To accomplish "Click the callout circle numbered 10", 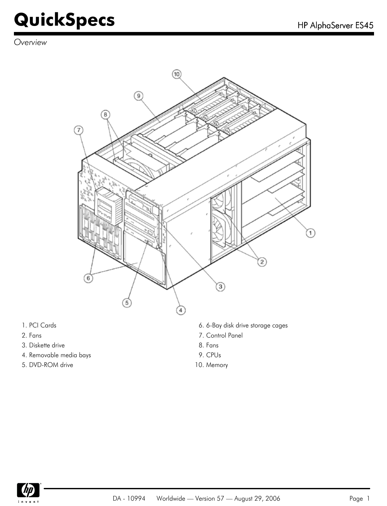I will (176, 74).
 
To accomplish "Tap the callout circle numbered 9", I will (138, 96).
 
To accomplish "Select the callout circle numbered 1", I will (310, 233).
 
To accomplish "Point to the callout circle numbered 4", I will (180, 310).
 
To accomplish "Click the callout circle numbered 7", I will (78, 130).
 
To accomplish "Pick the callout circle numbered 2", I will (262, 262).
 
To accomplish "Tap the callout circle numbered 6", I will (88, 278).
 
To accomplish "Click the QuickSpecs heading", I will (64, 20).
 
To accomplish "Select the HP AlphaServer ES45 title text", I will (335, 25).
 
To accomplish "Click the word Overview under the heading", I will (30, 42).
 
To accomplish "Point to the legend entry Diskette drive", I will (47, 345).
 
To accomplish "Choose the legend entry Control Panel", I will (224, 335).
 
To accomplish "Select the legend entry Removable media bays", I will (60, 355).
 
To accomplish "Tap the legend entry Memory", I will (217, 365).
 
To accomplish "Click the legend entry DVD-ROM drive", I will (51, 365).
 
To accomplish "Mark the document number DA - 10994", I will (129, 498).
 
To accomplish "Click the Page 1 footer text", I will (359, 498).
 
